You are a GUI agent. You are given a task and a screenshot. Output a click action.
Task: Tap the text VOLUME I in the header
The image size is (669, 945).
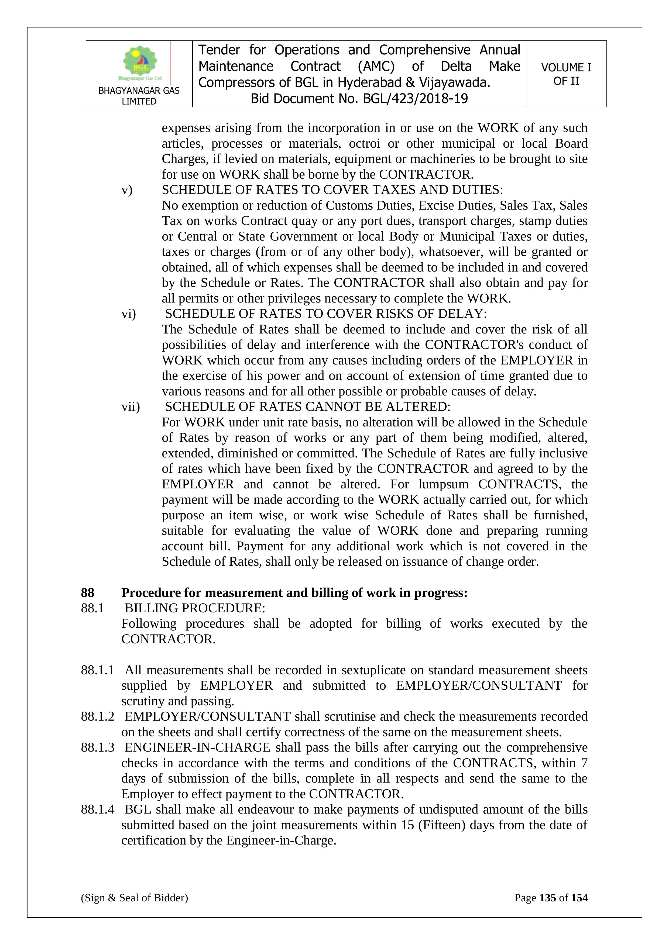point(566,68)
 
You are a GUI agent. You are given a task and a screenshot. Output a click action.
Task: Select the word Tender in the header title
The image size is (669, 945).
point(219,50)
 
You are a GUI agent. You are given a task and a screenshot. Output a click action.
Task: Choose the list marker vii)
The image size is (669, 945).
point(131,407)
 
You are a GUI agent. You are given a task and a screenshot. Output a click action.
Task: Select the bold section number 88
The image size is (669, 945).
point(87,593)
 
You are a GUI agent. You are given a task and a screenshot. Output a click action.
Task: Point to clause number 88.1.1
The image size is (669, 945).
point(98,670)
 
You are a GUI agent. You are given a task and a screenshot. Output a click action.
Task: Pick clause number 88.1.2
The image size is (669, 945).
point(98,717)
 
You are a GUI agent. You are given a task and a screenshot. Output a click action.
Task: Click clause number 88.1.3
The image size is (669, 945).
point(98,748)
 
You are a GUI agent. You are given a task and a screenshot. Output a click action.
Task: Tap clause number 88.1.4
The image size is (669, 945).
point(98,809)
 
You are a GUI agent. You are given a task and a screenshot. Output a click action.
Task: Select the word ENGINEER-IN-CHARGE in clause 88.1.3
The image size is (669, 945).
point(197,748)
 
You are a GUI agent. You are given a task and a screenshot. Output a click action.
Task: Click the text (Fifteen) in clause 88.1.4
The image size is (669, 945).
point(442,825)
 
